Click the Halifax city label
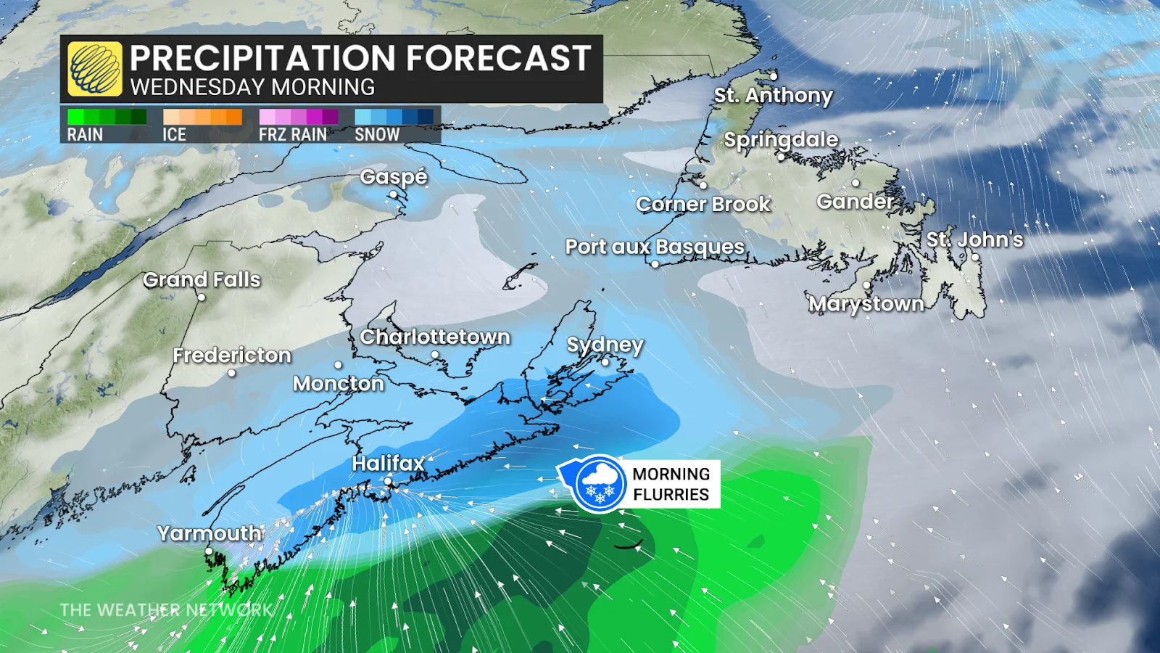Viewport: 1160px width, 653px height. click(388, 463)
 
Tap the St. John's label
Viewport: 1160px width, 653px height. click(974, 239)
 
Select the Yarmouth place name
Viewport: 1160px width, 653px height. click(210, 533)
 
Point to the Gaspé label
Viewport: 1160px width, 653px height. click(394, 176)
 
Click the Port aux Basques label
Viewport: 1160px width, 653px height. click(655, 247)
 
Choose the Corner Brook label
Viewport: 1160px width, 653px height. click(703, 204)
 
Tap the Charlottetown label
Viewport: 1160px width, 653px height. click(435, 337)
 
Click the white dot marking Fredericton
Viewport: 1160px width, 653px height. click(232, 373)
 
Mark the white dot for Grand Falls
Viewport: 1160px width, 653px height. click(202, 297)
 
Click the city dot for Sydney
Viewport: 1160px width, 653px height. click(605, 362)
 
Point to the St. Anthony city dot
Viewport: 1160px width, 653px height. click(774, 76)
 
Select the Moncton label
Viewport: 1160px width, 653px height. click(338, 383)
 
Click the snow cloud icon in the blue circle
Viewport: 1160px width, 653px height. click(599, 483)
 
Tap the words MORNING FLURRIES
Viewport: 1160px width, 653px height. click(671, 484)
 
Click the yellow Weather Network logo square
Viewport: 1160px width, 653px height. click(95, 69)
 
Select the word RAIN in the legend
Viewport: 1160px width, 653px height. click(85, 134)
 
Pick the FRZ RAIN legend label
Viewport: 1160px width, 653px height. click(293, 134)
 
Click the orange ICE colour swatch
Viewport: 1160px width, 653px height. click(202, 117)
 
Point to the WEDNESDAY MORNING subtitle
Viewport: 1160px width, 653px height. click(252, 87)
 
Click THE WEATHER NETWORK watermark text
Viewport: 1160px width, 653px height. click(166, 609)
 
